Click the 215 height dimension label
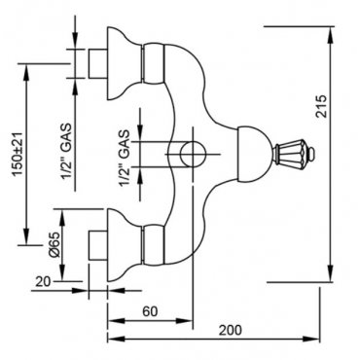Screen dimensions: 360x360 pyautogui.click(x=321, y=106)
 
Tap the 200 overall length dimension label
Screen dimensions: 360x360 pyautogui.click(x=231, y=330)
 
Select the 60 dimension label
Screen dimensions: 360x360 pyautogui.click(x=150, y=311)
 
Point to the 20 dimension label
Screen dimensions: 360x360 pyautogui.click(x=43, y=281)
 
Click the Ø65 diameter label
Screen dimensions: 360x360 pyautogui.click(x=54, y=244)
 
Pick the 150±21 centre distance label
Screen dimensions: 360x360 pyautogui.click(x=18, y=155)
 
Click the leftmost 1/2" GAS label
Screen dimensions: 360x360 pyautogui.click(x=66, y=151)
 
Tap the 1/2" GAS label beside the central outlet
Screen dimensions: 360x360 pyautogui.click(x=125, y=158)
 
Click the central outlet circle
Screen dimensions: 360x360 pyautogui.click(x=192, y=154)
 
